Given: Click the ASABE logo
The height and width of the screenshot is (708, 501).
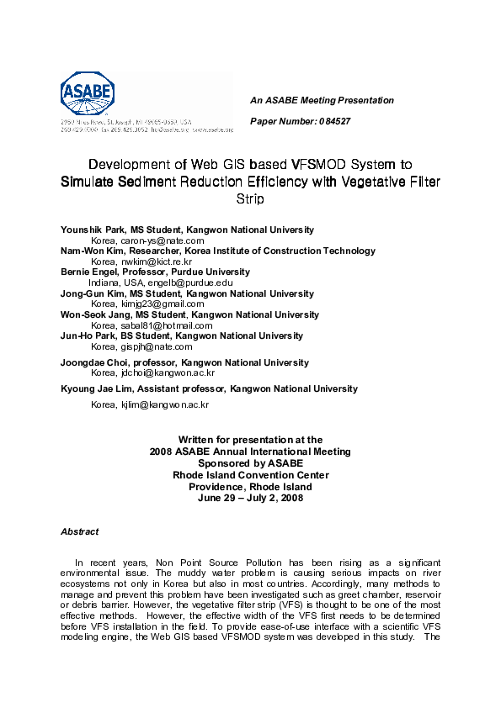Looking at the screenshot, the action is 88,94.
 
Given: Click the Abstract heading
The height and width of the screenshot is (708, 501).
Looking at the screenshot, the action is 79,531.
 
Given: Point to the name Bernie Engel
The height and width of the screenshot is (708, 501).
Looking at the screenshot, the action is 92,272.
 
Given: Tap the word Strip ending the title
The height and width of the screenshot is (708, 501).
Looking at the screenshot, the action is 250,199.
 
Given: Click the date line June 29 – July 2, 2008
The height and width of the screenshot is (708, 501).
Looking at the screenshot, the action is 250,498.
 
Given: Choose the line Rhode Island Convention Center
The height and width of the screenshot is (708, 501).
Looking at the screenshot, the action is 250,475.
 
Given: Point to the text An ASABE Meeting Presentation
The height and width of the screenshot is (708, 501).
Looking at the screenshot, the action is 322,100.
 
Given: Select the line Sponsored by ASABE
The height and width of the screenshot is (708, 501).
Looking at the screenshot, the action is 250,463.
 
